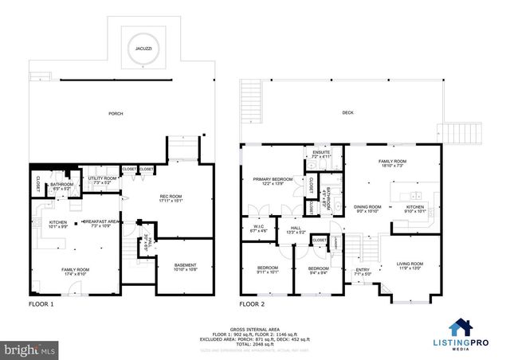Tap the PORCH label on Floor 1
(116, 114)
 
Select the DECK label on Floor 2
(347, 113)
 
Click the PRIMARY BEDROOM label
(269, 180)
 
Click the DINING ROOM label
(367, 207)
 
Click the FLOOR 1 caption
(41, 304)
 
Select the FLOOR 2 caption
(253, 304)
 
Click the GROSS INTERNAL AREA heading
(255, 328)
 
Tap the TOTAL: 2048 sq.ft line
(255, 343)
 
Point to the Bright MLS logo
(29, 350)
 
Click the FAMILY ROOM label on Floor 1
(75, 270)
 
